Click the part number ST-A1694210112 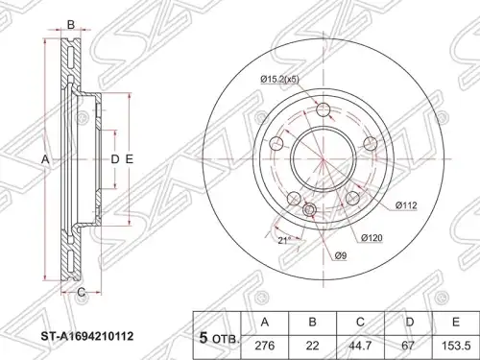click(87, 336)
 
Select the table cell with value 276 click(265, 346)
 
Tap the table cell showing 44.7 click(361, 346)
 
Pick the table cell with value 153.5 click(456, 346)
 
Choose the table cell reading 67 click(409, 346)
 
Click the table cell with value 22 click(313, 346)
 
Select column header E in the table click(456, 323)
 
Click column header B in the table click(313, 323)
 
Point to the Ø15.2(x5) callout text click(279, 79)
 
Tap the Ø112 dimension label click(406, 205)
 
